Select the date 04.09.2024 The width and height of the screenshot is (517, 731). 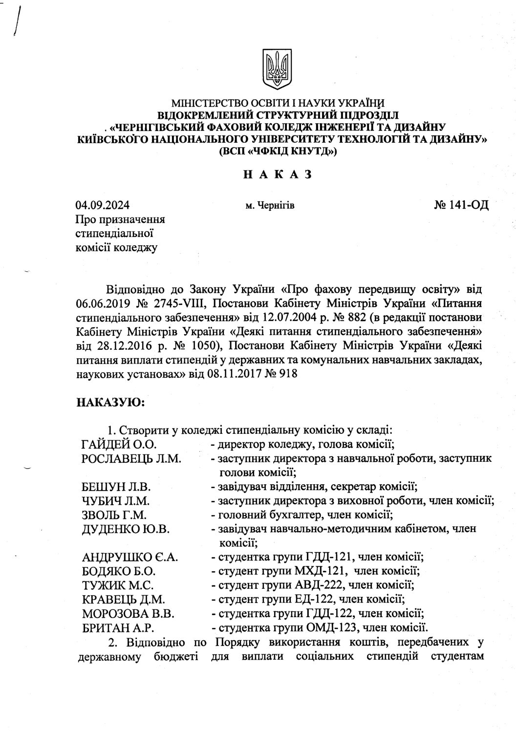[x=103, y=205]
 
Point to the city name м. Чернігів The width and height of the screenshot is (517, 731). [x=270, y=206]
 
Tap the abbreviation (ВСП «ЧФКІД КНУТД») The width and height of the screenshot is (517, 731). [x=277, y=152]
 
